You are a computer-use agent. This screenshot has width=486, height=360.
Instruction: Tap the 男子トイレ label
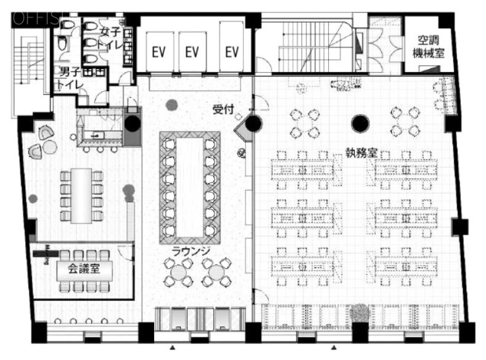[x=72, y=78]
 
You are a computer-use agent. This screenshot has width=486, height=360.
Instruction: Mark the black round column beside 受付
[x=253, y=124]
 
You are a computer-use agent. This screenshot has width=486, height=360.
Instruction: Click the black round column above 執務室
[x=360, y=122]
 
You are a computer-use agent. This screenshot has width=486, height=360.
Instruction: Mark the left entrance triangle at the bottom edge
[x=175, y=347]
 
